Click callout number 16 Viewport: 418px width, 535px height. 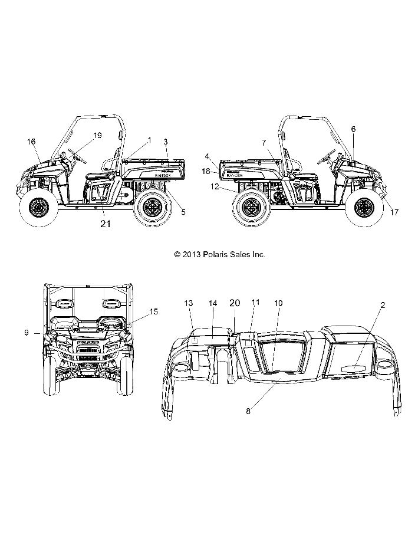31,141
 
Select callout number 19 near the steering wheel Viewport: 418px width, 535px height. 97,136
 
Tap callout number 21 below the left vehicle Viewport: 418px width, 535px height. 106,224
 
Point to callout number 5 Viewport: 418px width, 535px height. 183,212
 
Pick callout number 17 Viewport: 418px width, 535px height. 394,212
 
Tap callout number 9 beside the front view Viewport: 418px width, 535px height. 27,333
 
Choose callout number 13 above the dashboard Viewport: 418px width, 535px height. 189,303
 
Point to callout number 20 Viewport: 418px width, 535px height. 234,303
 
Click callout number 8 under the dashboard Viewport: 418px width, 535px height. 248,411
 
